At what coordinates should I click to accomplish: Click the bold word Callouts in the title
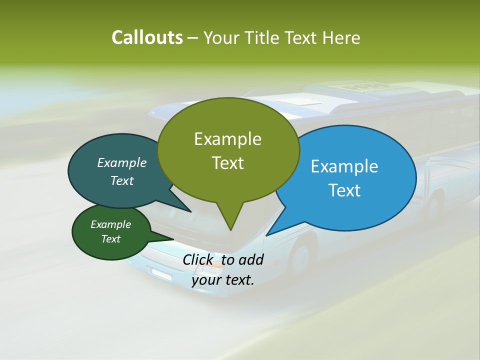click(147, 37)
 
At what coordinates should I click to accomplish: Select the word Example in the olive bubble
click(227, 139)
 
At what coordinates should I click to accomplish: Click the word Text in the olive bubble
click(227, 163)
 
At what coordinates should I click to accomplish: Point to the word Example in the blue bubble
click(344, 166)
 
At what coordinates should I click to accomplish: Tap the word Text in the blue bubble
click(344, 190)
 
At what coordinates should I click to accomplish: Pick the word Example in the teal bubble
click(122, 162)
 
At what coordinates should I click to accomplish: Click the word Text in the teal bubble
click(122, 180)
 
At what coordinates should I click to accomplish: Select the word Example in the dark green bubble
click(110, 224)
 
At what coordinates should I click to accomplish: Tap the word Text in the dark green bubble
click(110, 239)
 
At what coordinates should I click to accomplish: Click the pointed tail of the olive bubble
click(230, 228)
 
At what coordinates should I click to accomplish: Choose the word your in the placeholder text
click(206, 280)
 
